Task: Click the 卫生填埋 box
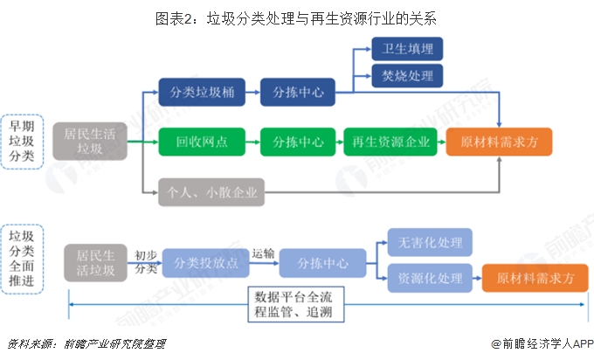tap(408, 48)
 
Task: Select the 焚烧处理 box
tap(408, 75)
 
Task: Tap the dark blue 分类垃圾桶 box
tap(201, 90)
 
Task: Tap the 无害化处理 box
tap(430, 241)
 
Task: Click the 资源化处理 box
tap(430, 278)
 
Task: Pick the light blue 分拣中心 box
tap(323, 262)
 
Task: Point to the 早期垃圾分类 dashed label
tap(21, 141)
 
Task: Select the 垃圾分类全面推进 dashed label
tap(21, 260)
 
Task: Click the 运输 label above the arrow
tap(263, 253)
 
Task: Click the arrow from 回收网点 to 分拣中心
tap(248, 141)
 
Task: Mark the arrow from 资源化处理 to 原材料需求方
tap(478, 279)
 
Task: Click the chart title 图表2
tap(296, 17)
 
